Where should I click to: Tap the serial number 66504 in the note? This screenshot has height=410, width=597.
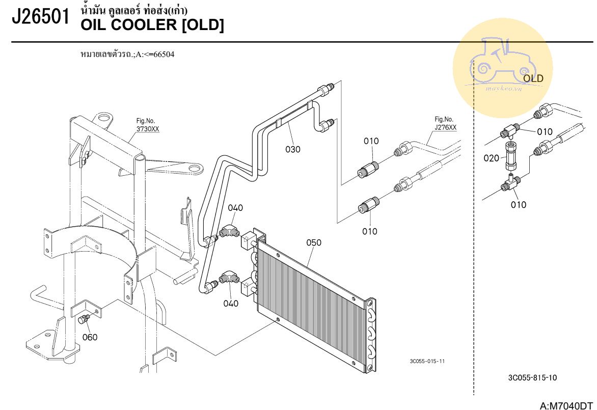click(x=164, y=54)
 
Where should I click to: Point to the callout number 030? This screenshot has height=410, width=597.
click(x=293, y=149)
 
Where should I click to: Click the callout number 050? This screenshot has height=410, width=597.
click(x=314, y=242)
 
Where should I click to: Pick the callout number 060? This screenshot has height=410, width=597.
click(x=90, y=337)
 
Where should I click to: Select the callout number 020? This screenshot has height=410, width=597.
click(x=492, y=158)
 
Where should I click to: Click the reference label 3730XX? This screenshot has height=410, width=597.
click(x=147, y=129)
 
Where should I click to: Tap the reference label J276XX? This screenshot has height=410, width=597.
click(x=445, y=127)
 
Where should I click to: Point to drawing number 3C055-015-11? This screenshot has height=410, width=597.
click(x=427, y=361)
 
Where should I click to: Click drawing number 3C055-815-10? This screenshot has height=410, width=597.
click(x=532, y=378)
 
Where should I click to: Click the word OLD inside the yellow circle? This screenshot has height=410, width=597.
click(x=533, y=78)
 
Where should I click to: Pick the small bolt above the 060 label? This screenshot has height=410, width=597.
click(x=85, y=319)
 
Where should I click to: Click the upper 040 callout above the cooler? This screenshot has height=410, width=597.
click(x=235, y=208)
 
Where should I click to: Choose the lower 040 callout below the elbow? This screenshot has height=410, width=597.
click(x=231, y=304)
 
